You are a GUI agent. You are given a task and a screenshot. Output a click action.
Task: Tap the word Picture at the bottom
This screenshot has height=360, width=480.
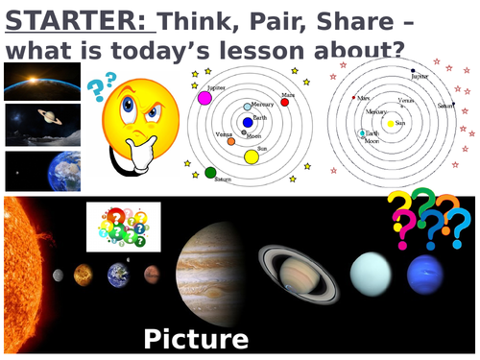point(195,338)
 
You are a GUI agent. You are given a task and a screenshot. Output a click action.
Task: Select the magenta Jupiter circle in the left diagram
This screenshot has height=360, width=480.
point(204,97)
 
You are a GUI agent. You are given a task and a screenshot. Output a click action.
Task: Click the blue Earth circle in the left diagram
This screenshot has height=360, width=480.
point(248,122)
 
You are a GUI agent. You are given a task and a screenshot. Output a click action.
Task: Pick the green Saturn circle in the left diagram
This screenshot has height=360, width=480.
point(210,173)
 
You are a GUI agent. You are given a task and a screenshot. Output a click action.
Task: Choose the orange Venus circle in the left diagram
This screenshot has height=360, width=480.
point(230,141)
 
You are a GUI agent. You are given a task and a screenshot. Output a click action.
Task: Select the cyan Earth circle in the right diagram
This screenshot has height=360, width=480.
point(362,132)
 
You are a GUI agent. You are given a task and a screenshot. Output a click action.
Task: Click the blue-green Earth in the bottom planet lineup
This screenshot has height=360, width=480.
point(119,275)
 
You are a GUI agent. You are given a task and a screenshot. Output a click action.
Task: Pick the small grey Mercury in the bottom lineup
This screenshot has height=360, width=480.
point(59,275)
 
